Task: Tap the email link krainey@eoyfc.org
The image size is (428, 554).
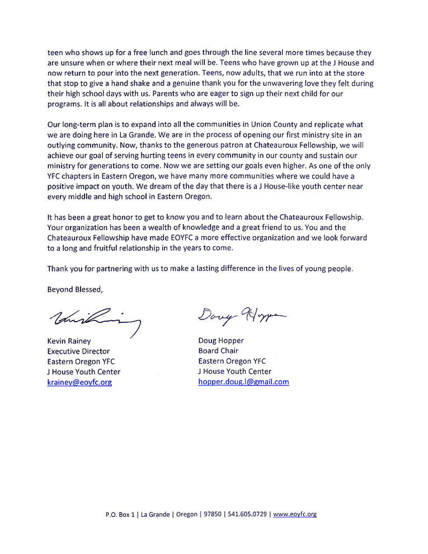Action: click(79, 382)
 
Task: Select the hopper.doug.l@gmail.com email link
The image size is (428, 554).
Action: click(243, 382)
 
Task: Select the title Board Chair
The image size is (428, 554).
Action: click(218, 351)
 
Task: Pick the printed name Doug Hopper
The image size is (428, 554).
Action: click(221, 340)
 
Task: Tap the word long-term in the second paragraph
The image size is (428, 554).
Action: click(81, 124)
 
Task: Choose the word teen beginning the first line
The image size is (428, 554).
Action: click(55, 53)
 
